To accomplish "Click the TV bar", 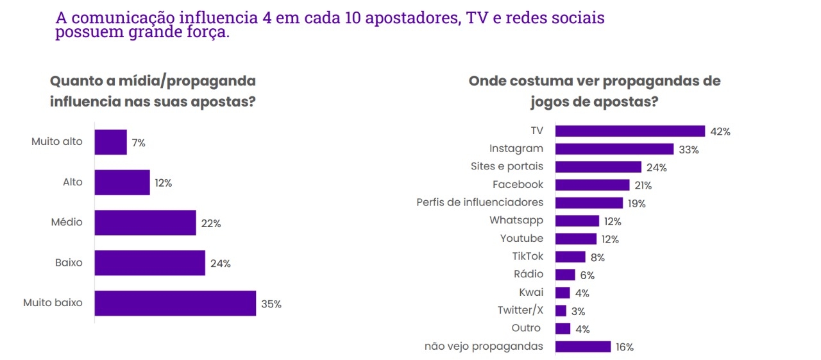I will (630, 131).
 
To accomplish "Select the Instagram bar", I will (614, 149).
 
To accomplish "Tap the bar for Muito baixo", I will (175, 304).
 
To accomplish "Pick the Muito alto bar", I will (110, 142).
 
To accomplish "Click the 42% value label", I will (720, 132).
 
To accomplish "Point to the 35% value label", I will (271, 304).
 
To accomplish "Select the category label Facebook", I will (518, 185).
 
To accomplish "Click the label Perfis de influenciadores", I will (480, 203).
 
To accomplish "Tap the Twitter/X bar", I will (561, 311).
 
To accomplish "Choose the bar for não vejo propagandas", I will (582, 347).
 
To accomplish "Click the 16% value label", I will (624, 347).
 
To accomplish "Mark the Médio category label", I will (67, 223).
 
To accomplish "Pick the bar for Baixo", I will (149, 263).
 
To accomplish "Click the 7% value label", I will (139, 143).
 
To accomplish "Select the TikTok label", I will (528, 257).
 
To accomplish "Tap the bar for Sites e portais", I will (598, 167).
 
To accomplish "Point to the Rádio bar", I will (564, 275).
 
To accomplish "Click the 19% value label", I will (637, 203).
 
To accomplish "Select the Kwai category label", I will (531, 293).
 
